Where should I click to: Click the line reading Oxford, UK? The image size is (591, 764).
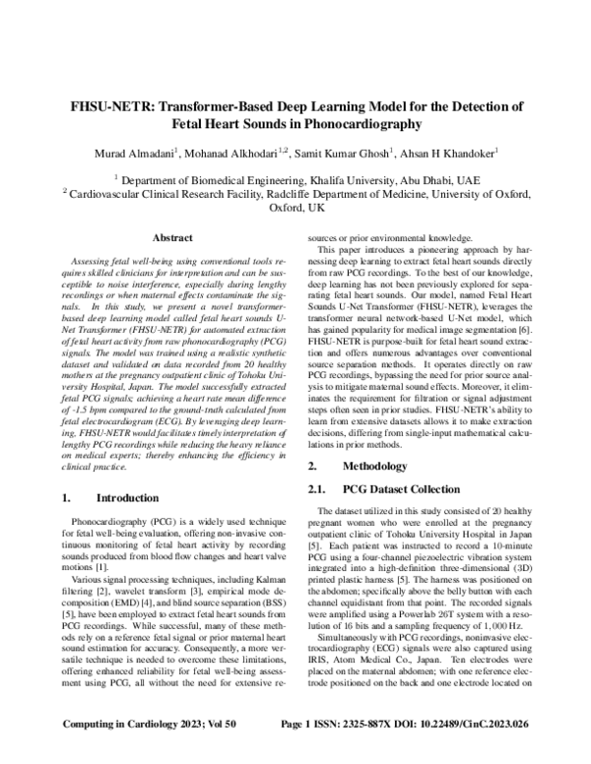[x=295, y=210]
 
